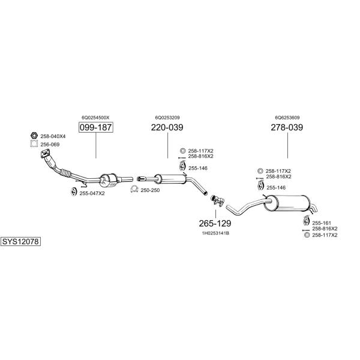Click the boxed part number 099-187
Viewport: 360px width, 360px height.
click(x=95, y=128)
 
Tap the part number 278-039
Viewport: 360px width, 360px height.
click(x=287, y=128)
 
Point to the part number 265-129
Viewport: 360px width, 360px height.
click(x=215, y=223)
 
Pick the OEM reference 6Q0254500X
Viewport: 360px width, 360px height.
click(x=95, y=118)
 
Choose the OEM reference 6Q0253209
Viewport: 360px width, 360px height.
click(x=167, y=118)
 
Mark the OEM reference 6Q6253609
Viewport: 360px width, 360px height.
click(x=287, y=118)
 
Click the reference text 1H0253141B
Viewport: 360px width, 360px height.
click(x=215, y=233)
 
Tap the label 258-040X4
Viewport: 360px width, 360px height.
click(x=53, y=136)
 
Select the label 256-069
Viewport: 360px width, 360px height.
click(x=50, y=145)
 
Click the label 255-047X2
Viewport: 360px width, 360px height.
click(x=92, y=193)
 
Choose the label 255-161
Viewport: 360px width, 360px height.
click(x=321, y=222)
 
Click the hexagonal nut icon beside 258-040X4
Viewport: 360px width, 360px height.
click(x=34, y=136)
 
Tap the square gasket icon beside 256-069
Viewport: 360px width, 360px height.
click(x=34, y=145)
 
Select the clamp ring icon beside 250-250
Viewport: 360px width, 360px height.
click(x=134, y=190)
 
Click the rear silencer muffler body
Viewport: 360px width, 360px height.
click(x=286, y=200)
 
